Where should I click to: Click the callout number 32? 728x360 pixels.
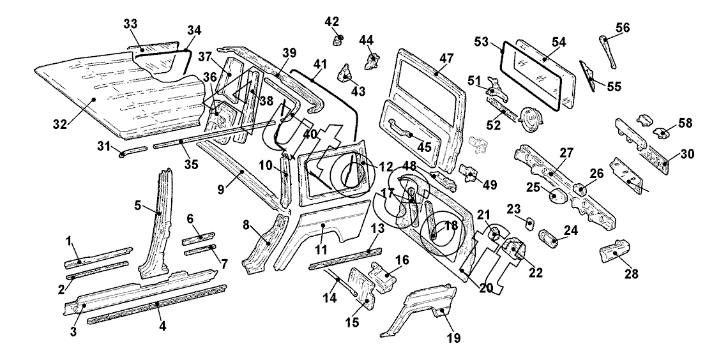pos(59,124)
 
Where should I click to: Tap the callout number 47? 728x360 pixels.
pos(446,58)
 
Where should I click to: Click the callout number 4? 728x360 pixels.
pos(162,326)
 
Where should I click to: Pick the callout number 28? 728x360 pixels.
pos(631,275)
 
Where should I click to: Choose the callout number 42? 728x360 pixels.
pos(331,21)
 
